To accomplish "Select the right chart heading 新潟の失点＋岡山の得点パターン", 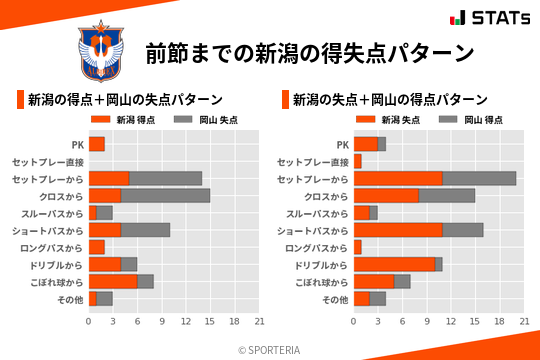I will point(390,100).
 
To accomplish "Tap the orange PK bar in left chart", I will point(96,144).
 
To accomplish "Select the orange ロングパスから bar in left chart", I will point(96,247).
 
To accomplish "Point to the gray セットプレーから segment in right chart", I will point(479,178).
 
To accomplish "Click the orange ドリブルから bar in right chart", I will point(394,264).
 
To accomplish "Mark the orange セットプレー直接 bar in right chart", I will point(357,161).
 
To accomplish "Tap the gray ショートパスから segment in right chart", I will point(463,229).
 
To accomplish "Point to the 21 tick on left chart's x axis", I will point(259,322).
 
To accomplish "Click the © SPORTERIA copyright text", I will point(270,349).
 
